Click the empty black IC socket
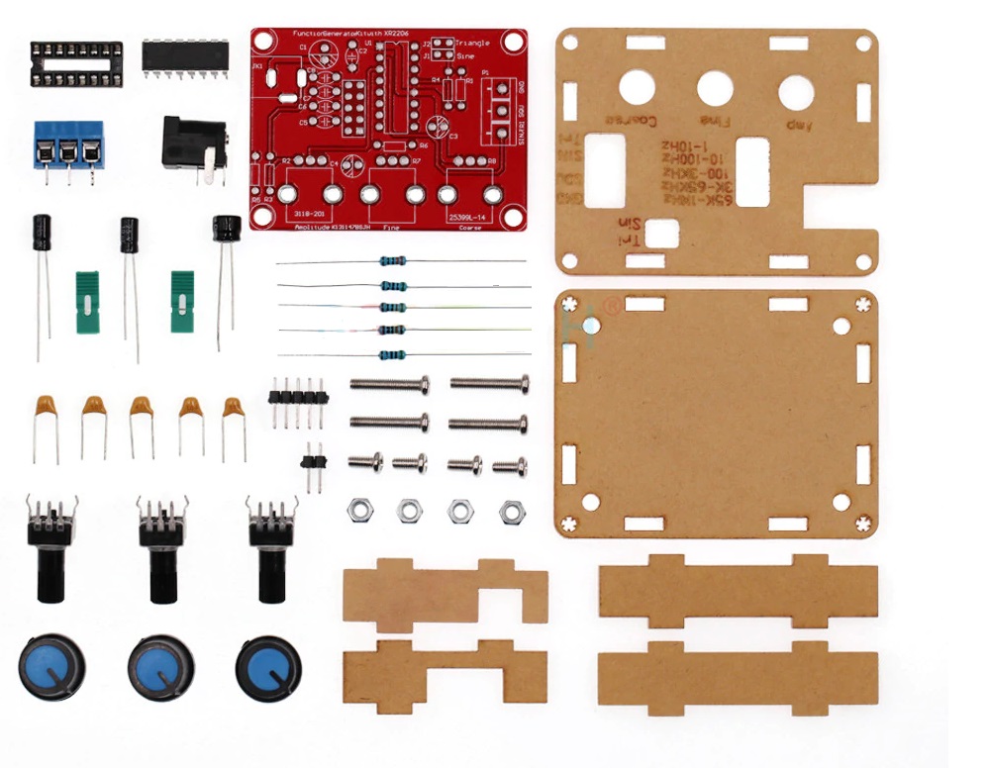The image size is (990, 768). pyautogui.click(x=76, y=62)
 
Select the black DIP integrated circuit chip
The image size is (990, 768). pyautogui.click(x=185, y=55)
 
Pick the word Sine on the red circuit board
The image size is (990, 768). pyautogui.click(x=464, y=56)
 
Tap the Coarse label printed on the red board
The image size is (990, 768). pyautogui.click(x=471, y=227)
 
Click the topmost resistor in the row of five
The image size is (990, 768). pyautogui.click(x=392, y=262)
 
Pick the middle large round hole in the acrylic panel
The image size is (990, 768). pyautogui.click(x=715, y=90)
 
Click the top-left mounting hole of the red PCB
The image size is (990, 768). pyautogui.click(x=264, y=43)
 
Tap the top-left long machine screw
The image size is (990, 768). pyautogui.click(x=389, y=383)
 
